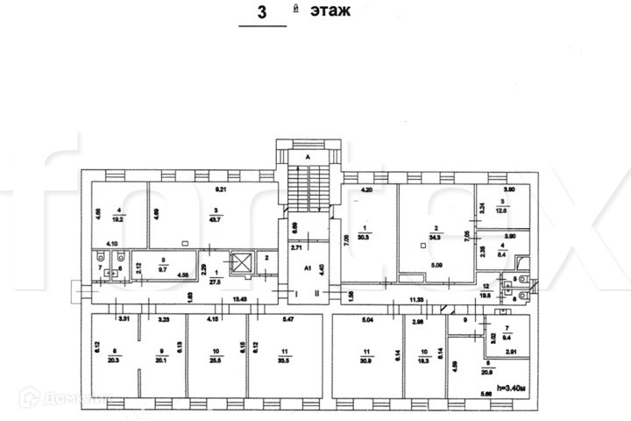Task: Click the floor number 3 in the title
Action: tap(260, 12)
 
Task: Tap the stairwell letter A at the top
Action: tap(308, 157)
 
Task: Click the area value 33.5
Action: tap(280, 359)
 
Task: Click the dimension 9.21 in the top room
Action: tap(222, 189)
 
